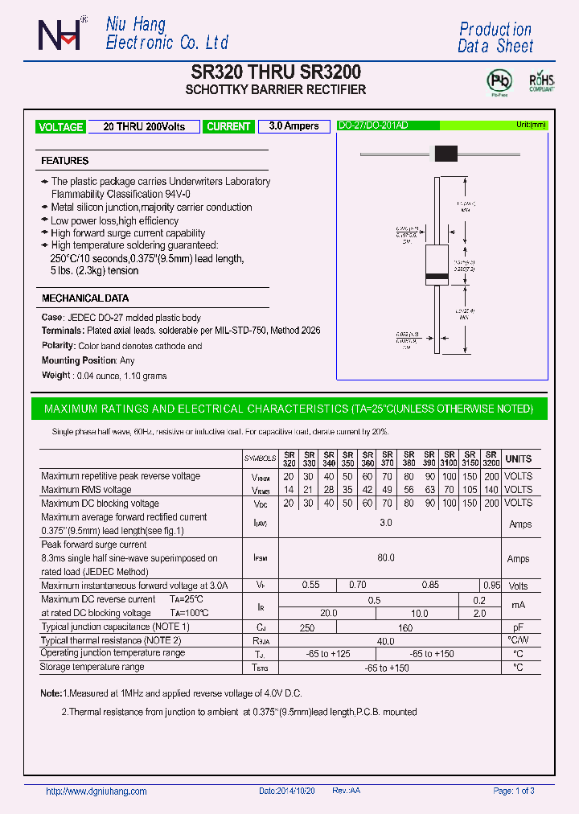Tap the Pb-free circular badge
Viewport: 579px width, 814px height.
(500, 81)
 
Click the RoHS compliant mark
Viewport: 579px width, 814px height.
(540, 82)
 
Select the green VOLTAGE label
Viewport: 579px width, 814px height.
(60, 127)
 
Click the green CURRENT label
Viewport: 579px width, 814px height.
(228, 127)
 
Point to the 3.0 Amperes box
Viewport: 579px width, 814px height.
(294, 126)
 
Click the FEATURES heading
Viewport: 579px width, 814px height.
(65, 161)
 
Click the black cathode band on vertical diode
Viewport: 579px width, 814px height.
(436, 277)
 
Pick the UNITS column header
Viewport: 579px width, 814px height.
(519, 458)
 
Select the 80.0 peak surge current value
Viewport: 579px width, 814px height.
(386, 557)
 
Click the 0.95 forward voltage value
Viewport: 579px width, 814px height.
(491, 586)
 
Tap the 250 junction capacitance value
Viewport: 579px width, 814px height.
(306, 627)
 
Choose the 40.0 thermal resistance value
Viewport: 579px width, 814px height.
(386, 641)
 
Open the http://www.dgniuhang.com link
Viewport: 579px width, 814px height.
(96, 791)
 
